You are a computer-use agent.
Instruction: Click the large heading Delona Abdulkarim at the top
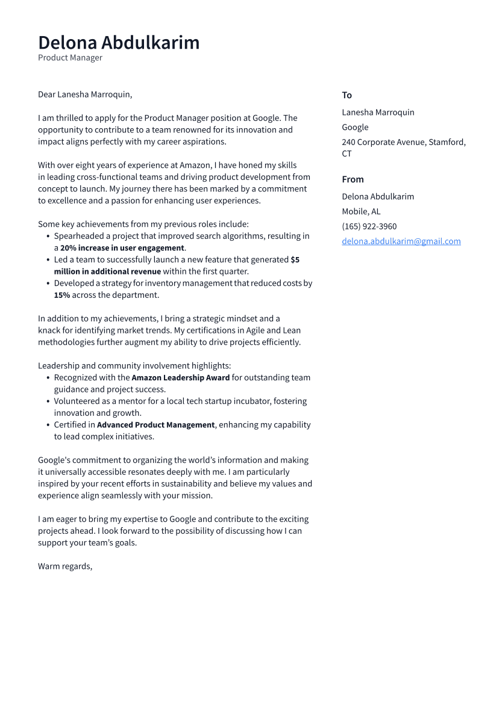pos(119,43)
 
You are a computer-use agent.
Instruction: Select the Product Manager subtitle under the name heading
pos(70,58)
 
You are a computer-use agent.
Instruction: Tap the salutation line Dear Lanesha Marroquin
pos(85,94)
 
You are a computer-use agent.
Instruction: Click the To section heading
pos(347,95)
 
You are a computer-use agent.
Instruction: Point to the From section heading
pos(353,179)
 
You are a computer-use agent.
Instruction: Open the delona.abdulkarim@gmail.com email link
pos(401,241)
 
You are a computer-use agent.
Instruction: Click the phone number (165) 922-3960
pos(369,226)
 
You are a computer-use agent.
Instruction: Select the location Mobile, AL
pos(361,211)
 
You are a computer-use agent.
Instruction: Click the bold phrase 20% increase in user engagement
pos(122,248)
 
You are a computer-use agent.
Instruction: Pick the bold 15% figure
pos(62,295)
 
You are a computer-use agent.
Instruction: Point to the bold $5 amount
pos(295,259)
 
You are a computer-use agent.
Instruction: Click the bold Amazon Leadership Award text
pos(180,377)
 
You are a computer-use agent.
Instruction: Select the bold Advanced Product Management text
pos(155,424)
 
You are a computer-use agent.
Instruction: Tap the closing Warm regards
pos(65,566)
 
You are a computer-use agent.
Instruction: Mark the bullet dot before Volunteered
pos(48,401)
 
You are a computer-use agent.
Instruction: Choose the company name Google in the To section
pos(355,127)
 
